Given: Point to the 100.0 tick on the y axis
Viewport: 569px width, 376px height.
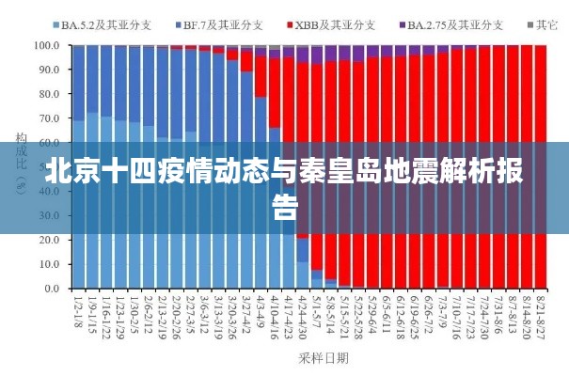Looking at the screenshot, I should click(46, 44).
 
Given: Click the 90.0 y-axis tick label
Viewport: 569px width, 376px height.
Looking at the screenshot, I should click(48, 69).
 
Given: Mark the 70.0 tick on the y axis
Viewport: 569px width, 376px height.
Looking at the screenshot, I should click(48, 118).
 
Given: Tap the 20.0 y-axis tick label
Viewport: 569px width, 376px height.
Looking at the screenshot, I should click(48, 240).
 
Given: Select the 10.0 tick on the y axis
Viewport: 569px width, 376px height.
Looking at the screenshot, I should click(48, 264).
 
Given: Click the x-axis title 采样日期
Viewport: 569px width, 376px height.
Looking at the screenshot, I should click(323, 357).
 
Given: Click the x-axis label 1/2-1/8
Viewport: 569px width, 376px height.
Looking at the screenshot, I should click(78, 314).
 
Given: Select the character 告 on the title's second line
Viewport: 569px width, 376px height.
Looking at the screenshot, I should click(285, 207).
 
